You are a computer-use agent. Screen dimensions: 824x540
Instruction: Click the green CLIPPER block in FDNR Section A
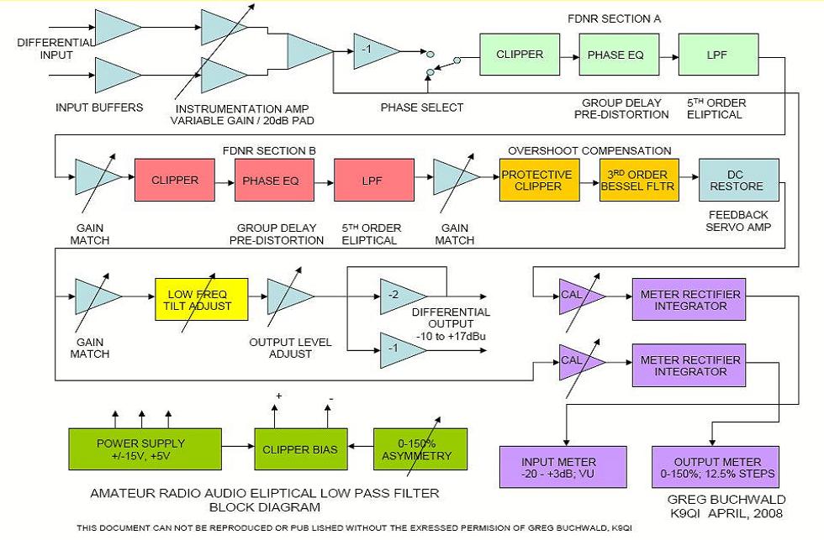tap(520, 55)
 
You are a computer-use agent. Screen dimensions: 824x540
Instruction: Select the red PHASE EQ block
tap(274, 180)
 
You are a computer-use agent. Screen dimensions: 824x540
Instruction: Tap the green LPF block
tap(718, 55)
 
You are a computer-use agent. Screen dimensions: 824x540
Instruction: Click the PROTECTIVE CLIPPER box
tap(539, 180)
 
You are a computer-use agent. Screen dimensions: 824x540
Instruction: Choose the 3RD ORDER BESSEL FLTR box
tap(639, 180)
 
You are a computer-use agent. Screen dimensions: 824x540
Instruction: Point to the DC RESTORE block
tap(739, 180)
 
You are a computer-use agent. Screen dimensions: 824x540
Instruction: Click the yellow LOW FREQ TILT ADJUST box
tap(201, 299)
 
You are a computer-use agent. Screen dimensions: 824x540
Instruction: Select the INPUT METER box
tap(563, 467)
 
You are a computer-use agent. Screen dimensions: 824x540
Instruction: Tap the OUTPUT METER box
tap(716, 467)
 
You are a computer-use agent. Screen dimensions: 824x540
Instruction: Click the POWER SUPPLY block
tap(145, 449)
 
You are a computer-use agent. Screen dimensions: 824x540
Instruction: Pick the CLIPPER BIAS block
tap(301, 449)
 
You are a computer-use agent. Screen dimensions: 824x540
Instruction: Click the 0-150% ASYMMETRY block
tap(420, 449)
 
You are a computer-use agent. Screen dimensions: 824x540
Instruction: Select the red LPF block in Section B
tap(373, 180)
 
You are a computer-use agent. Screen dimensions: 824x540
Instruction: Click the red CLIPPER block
tap(175, 180)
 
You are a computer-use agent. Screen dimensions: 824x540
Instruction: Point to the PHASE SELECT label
tap(422, 107)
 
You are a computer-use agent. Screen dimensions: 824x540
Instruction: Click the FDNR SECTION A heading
tap(614, 18)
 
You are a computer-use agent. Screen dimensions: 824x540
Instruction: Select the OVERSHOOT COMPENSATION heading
tap(589, 150)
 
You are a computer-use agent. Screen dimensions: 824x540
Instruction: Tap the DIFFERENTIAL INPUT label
tap(55, 49)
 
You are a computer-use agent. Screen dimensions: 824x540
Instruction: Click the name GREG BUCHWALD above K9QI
tap(726, 499)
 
